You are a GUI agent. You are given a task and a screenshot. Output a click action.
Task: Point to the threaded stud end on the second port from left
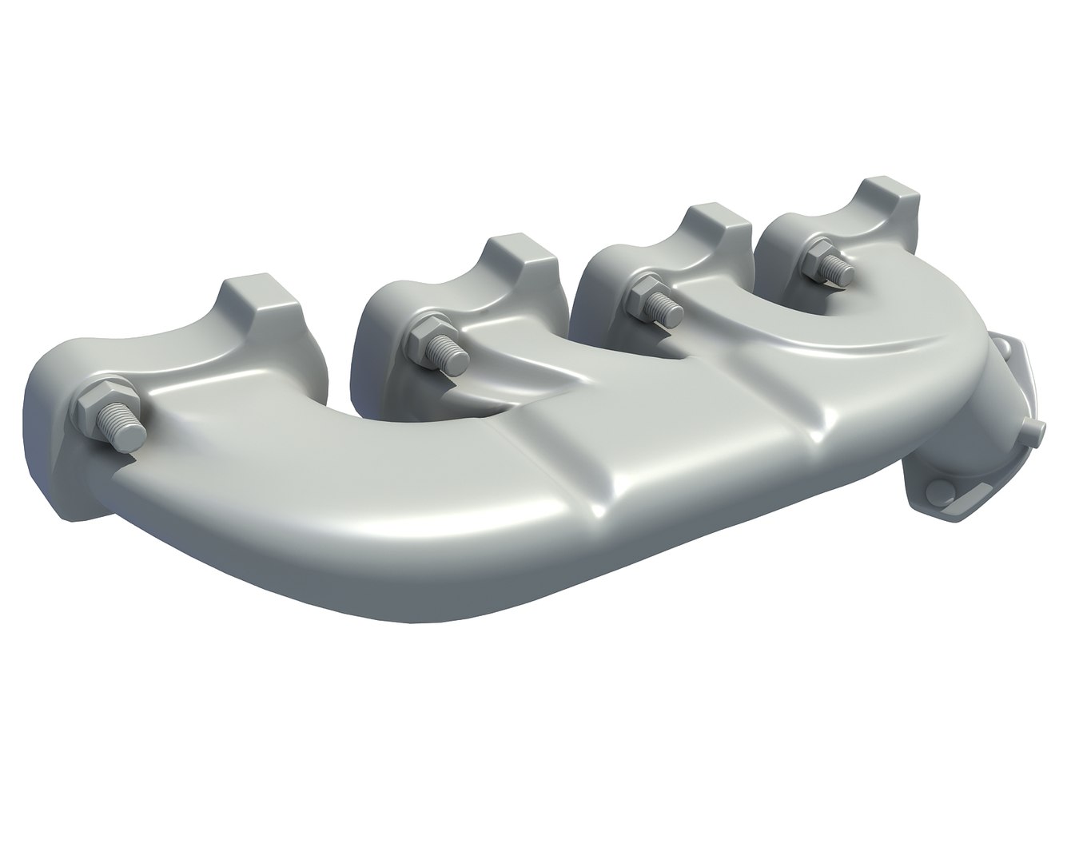454,358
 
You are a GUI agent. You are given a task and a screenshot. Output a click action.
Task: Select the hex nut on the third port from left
643,293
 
